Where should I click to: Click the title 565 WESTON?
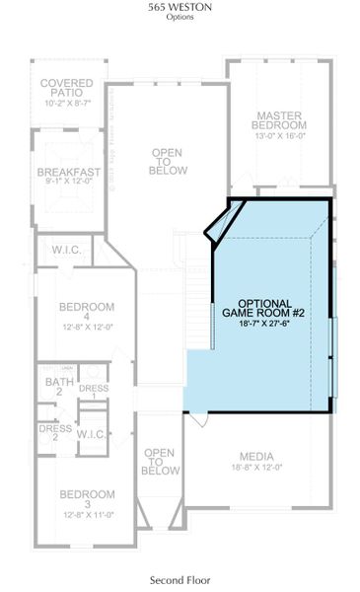180,7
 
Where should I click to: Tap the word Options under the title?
180,17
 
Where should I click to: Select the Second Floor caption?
180,580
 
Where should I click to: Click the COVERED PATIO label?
67,86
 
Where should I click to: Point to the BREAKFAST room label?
69,173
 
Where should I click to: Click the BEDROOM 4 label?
86,312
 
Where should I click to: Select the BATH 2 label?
54,387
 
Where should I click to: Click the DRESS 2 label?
55,433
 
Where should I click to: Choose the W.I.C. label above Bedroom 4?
67,249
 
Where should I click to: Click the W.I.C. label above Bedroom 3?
92,433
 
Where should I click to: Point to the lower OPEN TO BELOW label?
160,462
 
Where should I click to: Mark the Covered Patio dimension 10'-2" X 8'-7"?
67,102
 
